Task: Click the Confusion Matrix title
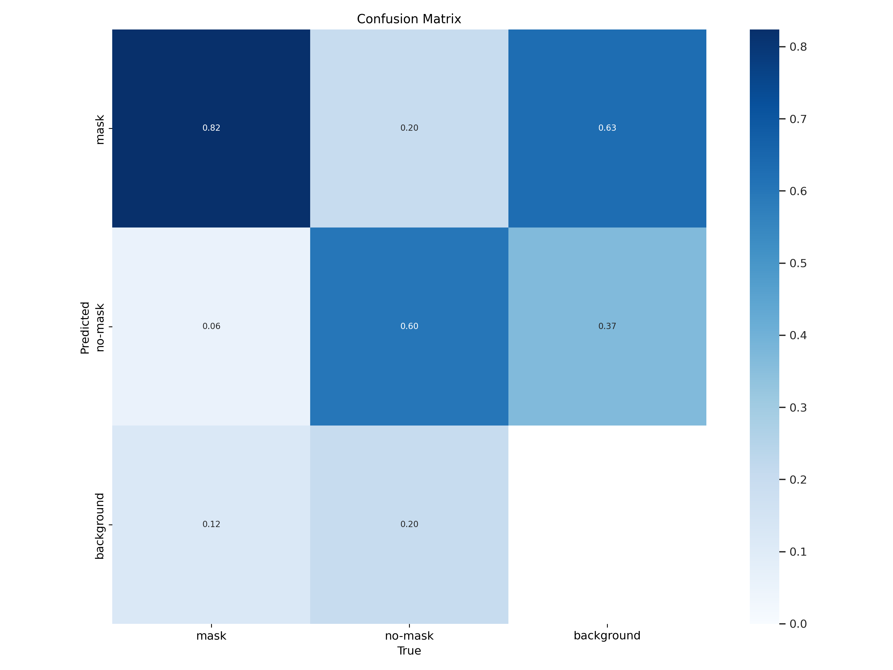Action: point(409,19)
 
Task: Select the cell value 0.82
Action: point(211,128)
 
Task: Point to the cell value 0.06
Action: point(211,326)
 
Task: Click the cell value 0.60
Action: point(409,326)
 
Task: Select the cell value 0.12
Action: point(211,524)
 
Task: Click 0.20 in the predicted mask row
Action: point(409,128)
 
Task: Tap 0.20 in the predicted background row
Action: point(409,524)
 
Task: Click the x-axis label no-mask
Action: point(409,636)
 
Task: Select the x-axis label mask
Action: point(211,636)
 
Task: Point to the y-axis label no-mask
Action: point(100,328)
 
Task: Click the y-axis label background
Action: point(100,526)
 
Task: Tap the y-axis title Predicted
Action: point(85,328)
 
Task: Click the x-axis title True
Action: point(409,651)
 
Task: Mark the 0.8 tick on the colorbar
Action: point(798,47)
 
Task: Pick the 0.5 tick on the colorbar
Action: point(798,263)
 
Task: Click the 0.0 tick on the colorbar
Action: point(798,624)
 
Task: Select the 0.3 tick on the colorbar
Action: point(798,407)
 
